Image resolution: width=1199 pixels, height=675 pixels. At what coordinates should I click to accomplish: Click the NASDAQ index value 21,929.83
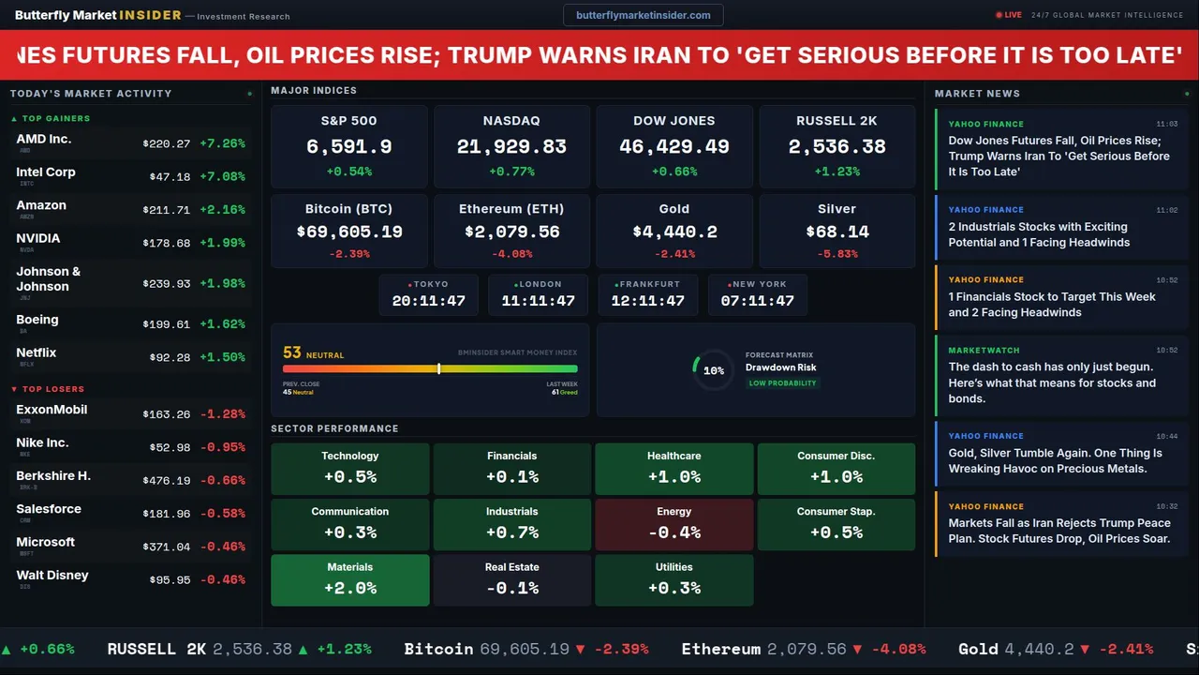click(x=511, y=147)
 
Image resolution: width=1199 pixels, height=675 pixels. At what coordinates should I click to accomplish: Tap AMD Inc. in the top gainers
click(x=44, y=139)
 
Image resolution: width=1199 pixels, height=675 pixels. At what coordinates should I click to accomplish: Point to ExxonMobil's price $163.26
click(x=167, y=414)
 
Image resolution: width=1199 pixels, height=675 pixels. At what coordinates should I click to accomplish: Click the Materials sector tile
click(x=350, y=579)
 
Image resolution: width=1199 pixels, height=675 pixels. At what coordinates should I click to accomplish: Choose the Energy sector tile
click(x=674, y=524)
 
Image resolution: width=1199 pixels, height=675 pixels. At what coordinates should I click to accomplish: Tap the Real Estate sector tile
click(x=512, y=579)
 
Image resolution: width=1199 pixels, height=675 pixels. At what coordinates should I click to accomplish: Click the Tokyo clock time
click(x=429, y=301)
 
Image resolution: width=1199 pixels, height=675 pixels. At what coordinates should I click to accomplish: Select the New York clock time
click(x=757, y=301)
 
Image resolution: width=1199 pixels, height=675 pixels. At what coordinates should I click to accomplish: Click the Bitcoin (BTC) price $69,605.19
click(x=349, y=232)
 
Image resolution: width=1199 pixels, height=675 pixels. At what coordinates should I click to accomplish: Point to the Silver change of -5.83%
click(x=837, y=254)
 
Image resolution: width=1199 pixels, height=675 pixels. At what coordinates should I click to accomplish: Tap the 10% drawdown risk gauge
click(x=713, y=370)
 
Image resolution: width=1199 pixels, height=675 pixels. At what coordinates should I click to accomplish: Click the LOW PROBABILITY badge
click(x=782, y=383)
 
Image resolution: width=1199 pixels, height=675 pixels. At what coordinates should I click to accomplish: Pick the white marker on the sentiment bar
click(x=438, y=368)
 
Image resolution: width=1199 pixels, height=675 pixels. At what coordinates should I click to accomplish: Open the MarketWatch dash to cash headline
click(x=1052, y=382)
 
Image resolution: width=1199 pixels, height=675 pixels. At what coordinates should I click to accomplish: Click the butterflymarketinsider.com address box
click(x=644, y=15)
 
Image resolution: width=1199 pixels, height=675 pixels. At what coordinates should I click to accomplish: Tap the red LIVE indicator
click(x=1009, y=15)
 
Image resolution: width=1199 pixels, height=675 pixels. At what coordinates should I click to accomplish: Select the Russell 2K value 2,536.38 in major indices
click(x=837, y=147)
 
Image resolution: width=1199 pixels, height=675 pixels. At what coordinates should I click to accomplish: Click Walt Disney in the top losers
click(x=52, y=576)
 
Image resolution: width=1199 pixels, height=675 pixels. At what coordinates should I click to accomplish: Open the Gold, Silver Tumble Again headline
click(x=1055, y=460)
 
